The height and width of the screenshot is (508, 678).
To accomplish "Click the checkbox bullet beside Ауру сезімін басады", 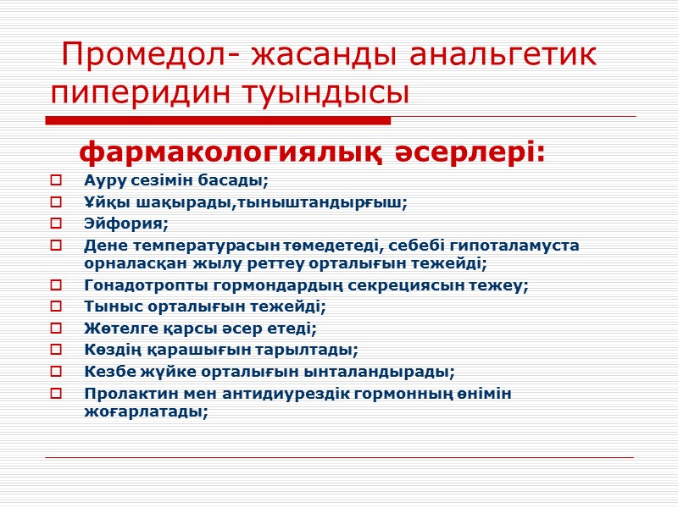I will (56, 179).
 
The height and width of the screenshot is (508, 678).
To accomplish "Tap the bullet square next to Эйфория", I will (56, 224).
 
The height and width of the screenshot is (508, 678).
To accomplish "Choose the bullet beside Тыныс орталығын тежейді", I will (56, 306).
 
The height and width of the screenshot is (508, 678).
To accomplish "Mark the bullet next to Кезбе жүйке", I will (56, 371).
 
